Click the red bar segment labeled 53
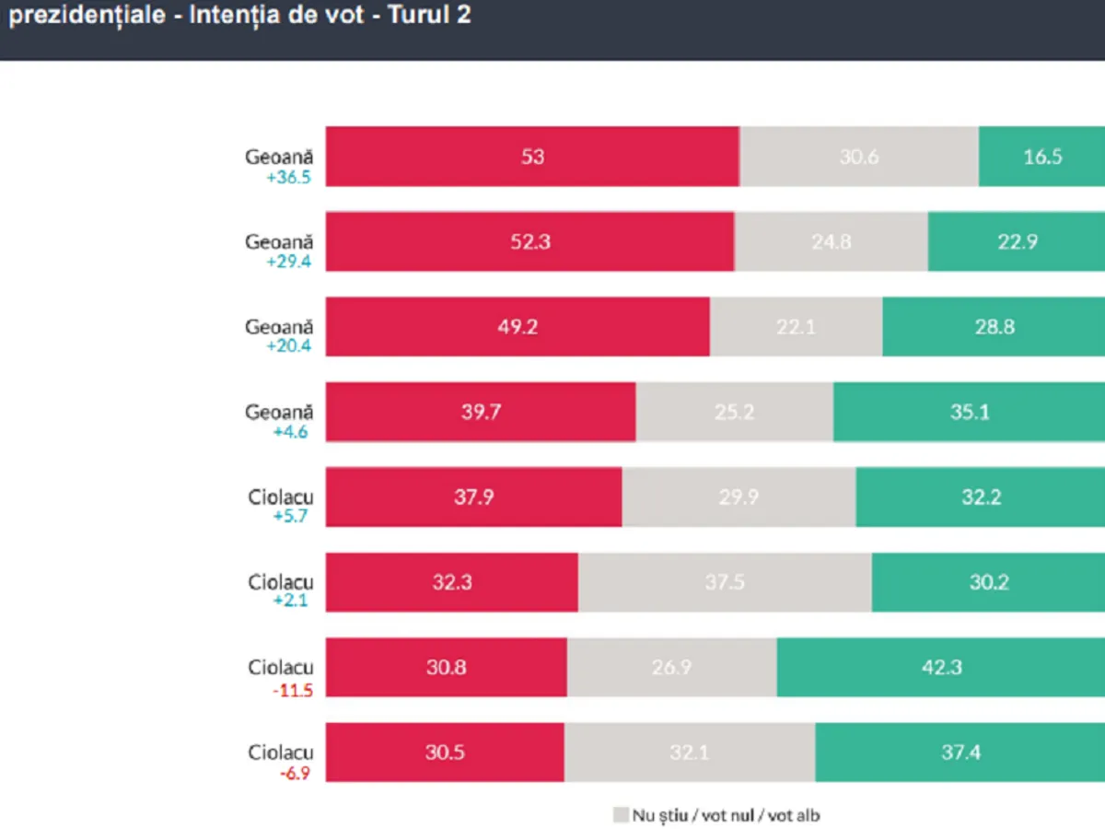[532, 157]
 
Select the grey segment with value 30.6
[858, 157]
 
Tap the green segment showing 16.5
[1041, 157]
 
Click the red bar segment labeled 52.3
[529, 241]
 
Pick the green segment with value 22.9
[1016, 241]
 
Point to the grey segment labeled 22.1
[796, 327]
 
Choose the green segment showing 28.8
[994, 327]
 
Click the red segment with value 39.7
[481, 412]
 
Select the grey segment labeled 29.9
[739, 497]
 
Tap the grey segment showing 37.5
[725, 582]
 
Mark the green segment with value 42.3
[940, 667]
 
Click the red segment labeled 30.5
[445, 753]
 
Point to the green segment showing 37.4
[960, 753]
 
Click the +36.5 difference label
[288, 177]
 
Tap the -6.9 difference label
[295, 773]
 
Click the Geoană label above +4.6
[279, 412]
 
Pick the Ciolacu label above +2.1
[281, 582]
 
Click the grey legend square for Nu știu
[620, 815]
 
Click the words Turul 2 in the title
[433, 16]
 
